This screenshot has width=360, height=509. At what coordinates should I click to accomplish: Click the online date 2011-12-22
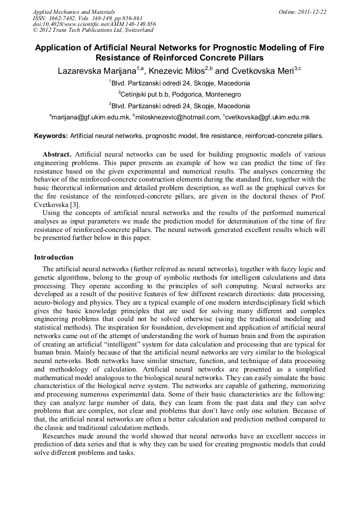311,11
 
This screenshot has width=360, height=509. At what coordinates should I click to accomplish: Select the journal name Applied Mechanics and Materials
73,11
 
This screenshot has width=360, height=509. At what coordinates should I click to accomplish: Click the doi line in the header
94,24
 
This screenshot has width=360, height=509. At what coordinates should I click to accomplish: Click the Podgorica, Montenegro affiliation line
180,94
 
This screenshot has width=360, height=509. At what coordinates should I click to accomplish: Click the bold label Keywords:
51,136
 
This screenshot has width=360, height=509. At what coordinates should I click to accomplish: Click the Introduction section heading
54,257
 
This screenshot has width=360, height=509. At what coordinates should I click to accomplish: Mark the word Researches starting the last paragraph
61,436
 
